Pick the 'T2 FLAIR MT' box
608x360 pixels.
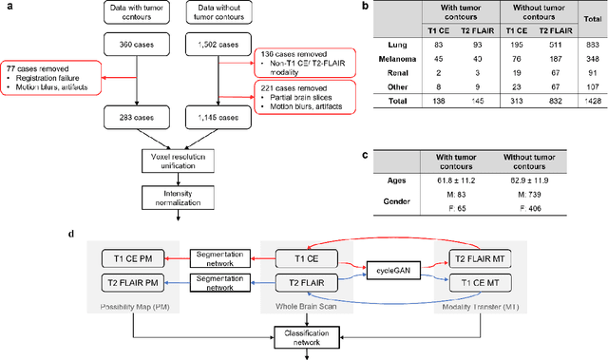click(480, 258)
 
